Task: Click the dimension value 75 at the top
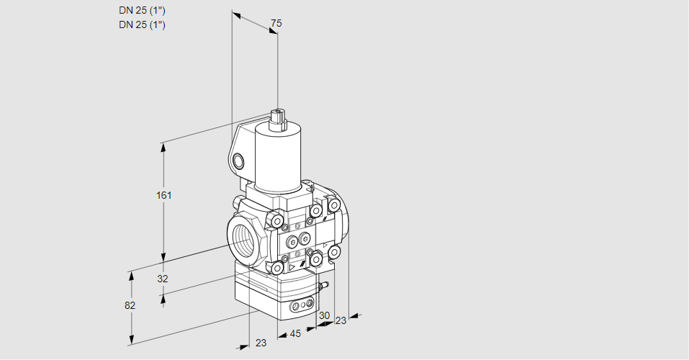tap(276, 24)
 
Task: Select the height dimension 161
tap(165, 195)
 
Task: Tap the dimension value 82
tap(130, 305)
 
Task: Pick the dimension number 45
tap(294, 334)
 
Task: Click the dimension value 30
tap(324, 316)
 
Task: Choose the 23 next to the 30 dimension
tap(341, 320)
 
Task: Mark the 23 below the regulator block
tap(261, 343)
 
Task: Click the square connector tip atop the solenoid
tap(278, 114)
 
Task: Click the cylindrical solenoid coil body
tap(277, 158)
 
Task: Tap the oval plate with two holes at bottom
tap(303, 306)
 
